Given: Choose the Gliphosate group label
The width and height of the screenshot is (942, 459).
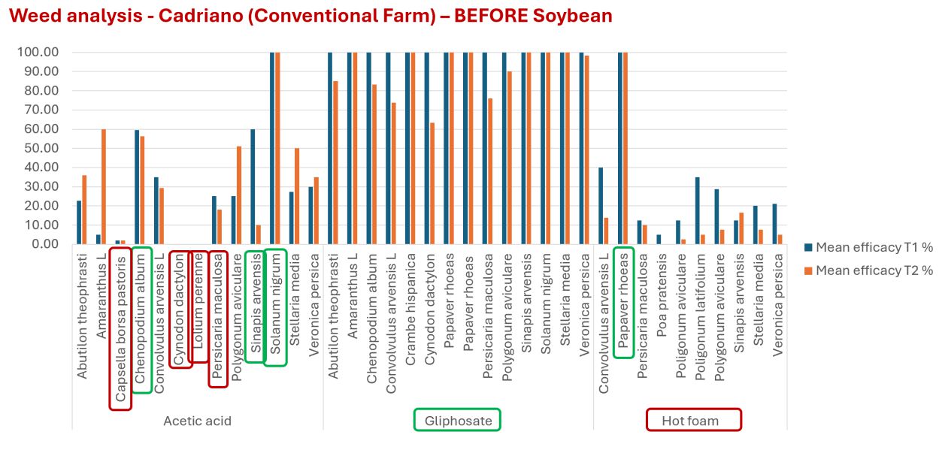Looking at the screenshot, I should pyautogui.click(x=457, y=421).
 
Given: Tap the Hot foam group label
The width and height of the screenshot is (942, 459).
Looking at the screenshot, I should pyautogui.click(x=694, y=421).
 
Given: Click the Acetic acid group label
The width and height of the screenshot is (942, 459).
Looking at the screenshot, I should pyautogui.click(x=197, y=421).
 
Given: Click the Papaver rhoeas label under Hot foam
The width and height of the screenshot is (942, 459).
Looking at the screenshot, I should pyautogui.click(x=623, y=301).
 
